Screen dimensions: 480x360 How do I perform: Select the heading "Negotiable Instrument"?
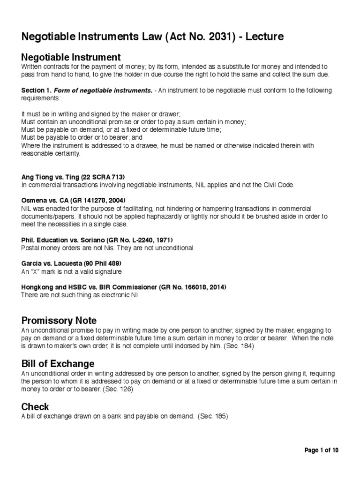point(71,57)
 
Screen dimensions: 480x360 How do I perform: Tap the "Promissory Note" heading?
point(59,321)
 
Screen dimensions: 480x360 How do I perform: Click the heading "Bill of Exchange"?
point(58,364)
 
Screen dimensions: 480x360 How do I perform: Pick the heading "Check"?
point(35,406)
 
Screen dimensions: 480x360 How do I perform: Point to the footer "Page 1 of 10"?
point(322,450)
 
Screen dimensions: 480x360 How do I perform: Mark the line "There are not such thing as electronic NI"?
point(79,295)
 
